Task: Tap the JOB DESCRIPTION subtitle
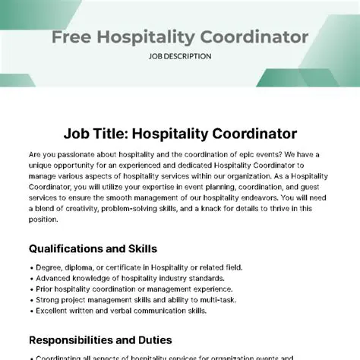pos(180,55)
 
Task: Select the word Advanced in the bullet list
pos(54,277)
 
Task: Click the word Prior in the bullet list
pos(44,288)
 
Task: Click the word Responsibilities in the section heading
pos(77,341)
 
